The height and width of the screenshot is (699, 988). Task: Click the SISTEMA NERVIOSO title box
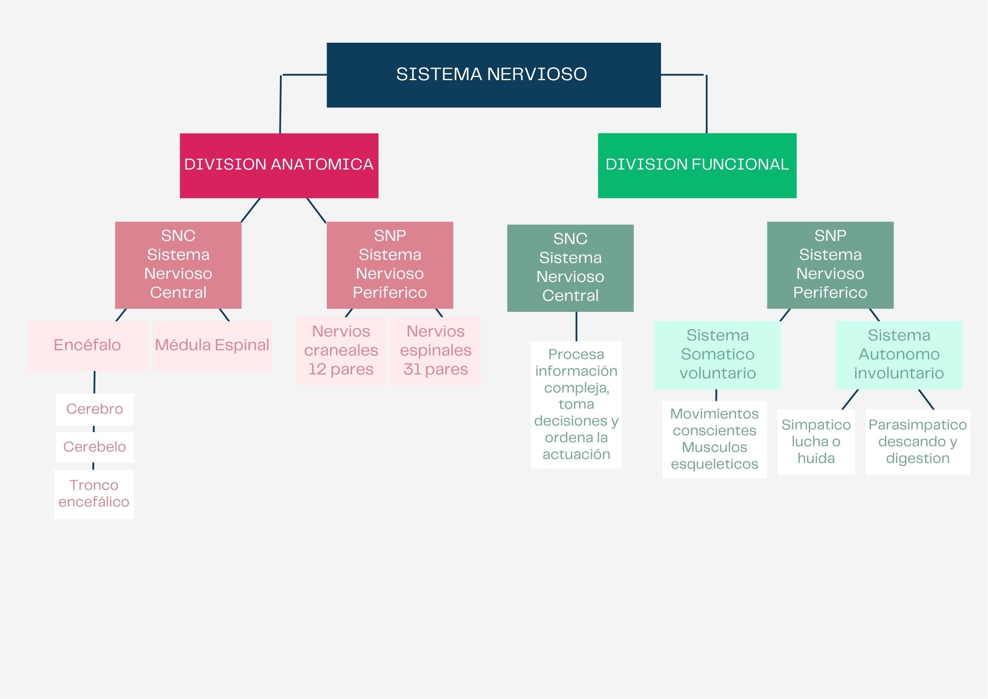coord(493,75)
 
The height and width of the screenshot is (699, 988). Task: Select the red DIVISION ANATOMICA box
coord(279,165)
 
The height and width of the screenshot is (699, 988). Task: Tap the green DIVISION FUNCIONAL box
coord(697,165)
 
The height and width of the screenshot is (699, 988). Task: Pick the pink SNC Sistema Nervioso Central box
coord(178,265)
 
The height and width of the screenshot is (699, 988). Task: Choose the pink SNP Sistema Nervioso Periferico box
coord(389,265)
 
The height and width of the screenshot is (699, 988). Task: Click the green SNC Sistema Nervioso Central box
coord(570,268)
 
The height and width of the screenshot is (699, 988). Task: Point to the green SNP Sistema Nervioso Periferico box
coord(830,265)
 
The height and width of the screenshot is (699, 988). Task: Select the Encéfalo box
coord(87,346)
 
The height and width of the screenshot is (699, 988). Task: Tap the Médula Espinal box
coord(212,346)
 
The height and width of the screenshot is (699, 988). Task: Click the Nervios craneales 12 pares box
coord(341,351)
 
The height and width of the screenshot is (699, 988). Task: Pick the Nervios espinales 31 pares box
coord(436,351)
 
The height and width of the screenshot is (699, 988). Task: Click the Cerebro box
coord(95,409)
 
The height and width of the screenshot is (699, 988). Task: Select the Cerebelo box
coord(95,447)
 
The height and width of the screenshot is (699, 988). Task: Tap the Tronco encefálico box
coord(94,494)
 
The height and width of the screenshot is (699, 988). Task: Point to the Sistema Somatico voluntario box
coord(717,355)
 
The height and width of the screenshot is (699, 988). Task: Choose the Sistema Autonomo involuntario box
coord(899,355)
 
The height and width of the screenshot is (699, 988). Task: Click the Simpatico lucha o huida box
coord(816,442)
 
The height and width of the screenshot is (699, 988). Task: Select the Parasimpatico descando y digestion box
coord(918,442)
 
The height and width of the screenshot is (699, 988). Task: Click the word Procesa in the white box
coord(576,355)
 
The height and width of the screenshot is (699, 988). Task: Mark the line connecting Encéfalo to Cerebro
coord(94,382)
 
